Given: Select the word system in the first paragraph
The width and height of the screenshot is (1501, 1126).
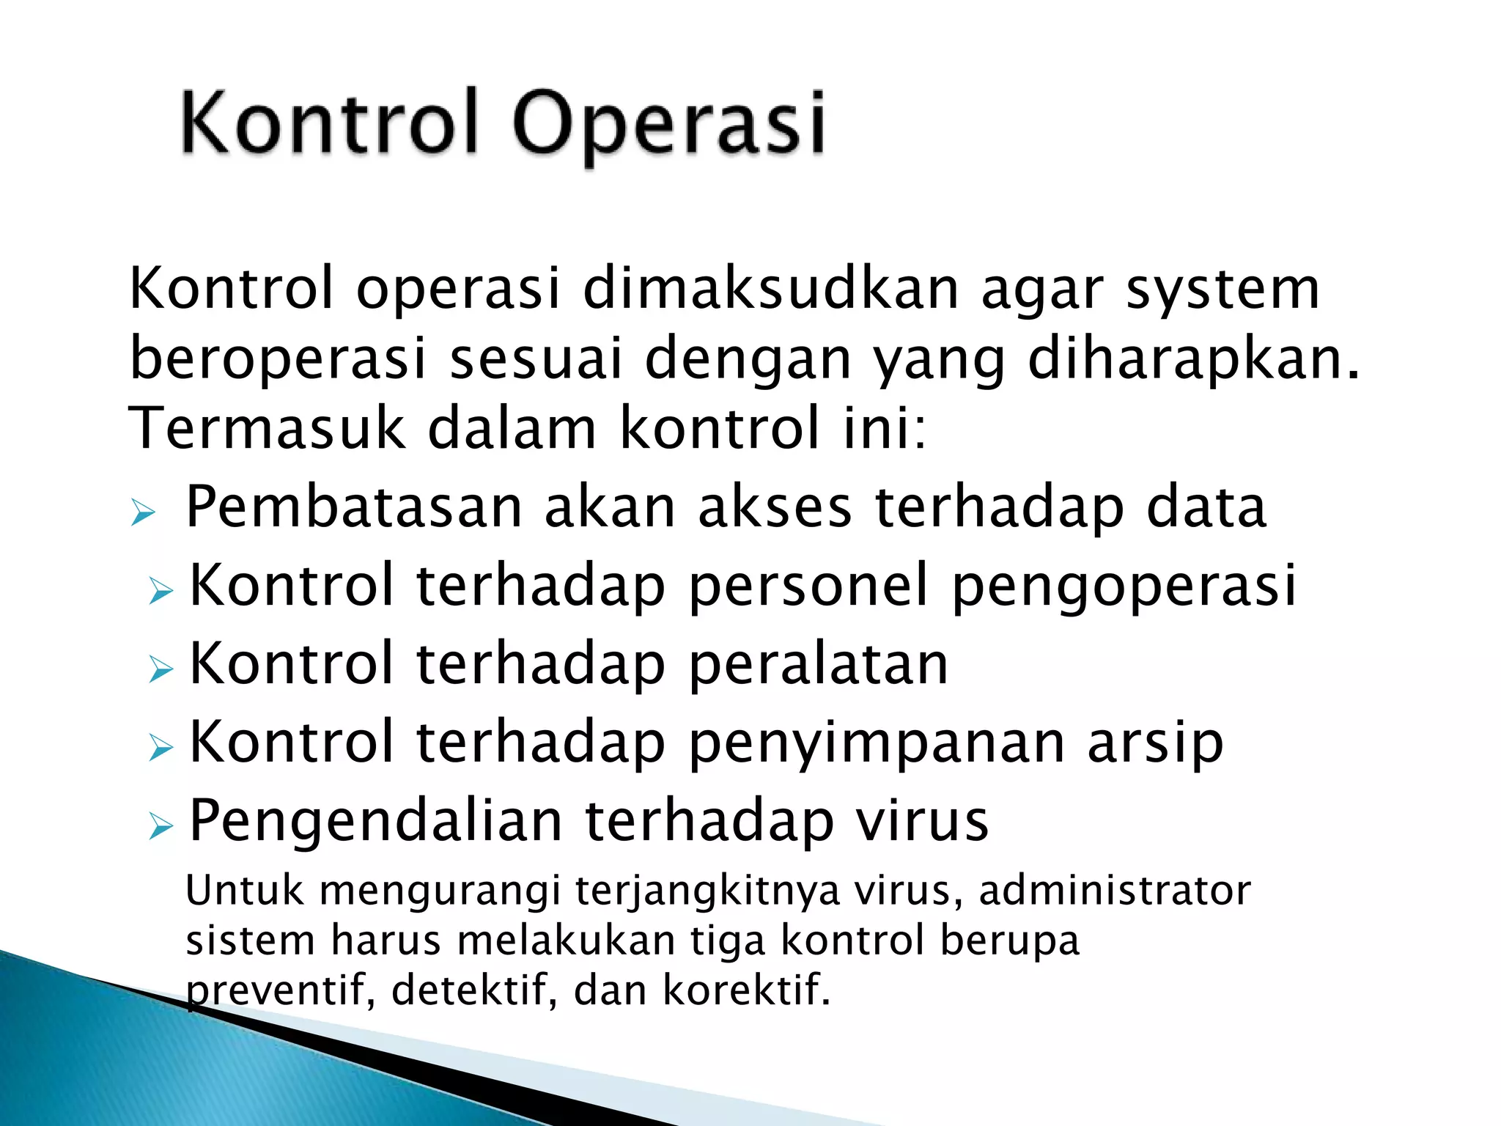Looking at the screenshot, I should click(1222, 290).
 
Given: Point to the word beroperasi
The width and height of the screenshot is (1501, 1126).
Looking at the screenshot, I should click(278, 358).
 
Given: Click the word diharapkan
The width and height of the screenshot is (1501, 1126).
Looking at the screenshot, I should click(1192, 358).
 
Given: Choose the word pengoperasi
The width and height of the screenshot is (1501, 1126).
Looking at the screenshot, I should click(1124, 587).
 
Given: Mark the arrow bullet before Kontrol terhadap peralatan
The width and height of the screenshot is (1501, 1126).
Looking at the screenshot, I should click(161, 668).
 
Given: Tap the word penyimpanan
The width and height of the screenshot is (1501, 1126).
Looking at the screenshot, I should click(877, 743).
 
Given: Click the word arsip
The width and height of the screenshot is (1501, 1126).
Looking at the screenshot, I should click(1155, 743).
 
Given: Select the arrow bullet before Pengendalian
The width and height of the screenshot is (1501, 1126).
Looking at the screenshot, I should click(161, 826).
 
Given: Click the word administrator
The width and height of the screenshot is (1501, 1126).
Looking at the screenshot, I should click(1115, 891).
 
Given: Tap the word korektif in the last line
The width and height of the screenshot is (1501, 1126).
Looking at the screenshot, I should click(747, 990).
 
